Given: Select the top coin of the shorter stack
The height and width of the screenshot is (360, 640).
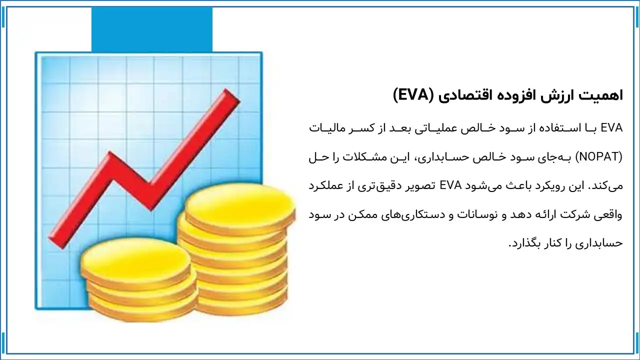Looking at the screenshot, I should point(136,260).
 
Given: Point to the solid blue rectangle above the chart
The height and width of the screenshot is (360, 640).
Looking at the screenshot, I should point(151,29).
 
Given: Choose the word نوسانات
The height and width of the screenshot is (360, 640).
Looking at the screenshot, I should point(467,215).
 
